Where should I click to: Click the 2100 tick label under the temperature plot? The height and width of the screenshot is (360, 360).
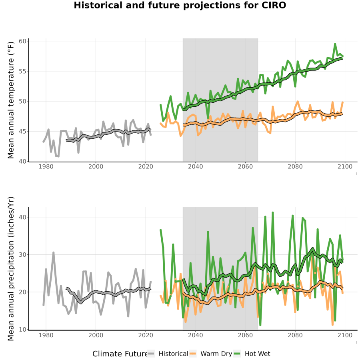pyautogui.click(x=345, y=166)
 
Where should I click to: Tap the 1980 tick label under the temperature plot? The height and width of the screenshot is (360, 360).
pyautogui.click(x=46, y=166)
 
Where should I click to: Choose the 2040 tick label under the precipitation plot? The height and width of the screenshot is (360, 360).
pyautogui.click(x=195, y=335)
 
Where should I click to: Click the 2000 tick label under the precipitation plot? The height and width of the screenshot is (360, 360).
pyautogui.click(x=96, y=335)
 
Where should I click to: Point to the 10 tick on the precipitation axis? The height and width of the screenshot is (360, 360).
pyautogui.click(x=24, y=330)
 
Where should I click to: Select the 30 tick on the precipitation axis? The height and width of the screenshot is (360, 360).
pyautogui.click(x=24, y=255)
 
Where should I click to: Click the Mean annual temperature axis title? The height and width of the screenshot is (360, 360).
pyautogui.click(x=11, y=100)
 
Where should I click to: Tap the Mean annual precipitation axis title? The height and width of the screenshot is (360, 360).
pyautogui.click(x=11, y=269)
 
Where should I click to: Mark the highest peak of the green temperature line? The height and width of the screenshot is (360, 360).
pyautogui.click(x=335, y=44)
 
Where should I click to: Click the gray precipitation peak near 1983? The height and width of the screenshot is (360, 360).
pyautogui.click(x=54, y=252)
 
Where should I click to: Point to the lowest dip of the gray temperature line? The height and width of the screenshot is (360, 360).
pyautogui.click(x=58, y=156)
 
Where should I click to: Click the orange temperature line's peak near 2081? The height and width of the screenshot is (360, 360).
pyautogui.click(x=298, y=101)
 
